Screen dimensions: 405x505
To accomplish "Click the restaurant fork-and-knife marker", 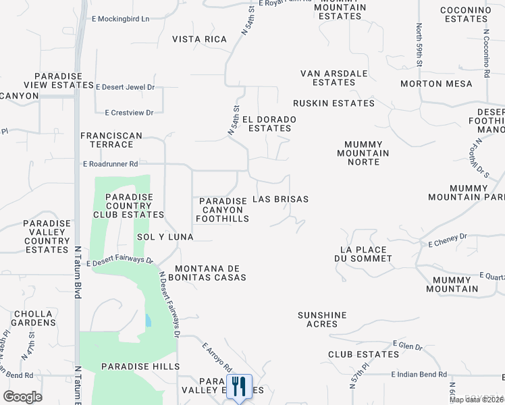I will (238, 387).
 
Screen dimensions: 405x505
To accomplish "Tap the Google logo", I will (22, 397).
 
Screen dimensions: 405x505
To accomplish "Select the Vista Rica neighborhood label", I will (199, 39).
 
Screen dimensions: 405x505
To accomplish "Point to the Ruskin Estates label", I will (334, 103).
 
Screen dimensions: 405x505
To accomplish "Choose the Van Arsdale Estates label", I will (334, 78).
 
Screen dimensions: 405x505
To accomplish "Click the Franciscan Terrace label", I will (111, 140).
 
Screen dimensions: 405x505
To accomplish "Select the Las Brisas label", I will (280, 199).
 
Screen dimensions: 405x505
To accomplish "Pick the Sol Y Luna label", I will (165, 237).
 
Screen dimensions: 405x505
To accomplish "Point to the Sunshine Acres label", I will (322, 319).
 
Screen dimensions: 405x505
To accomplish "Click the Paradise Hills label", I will (140, 366).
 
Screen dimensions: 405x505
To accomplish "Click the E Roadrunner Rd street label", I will (110, 163).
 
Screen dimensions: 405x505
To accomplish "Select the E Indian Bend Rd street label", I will (419, 374).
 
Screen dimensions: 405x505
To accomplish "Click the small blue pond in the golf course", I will (148, 320).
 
